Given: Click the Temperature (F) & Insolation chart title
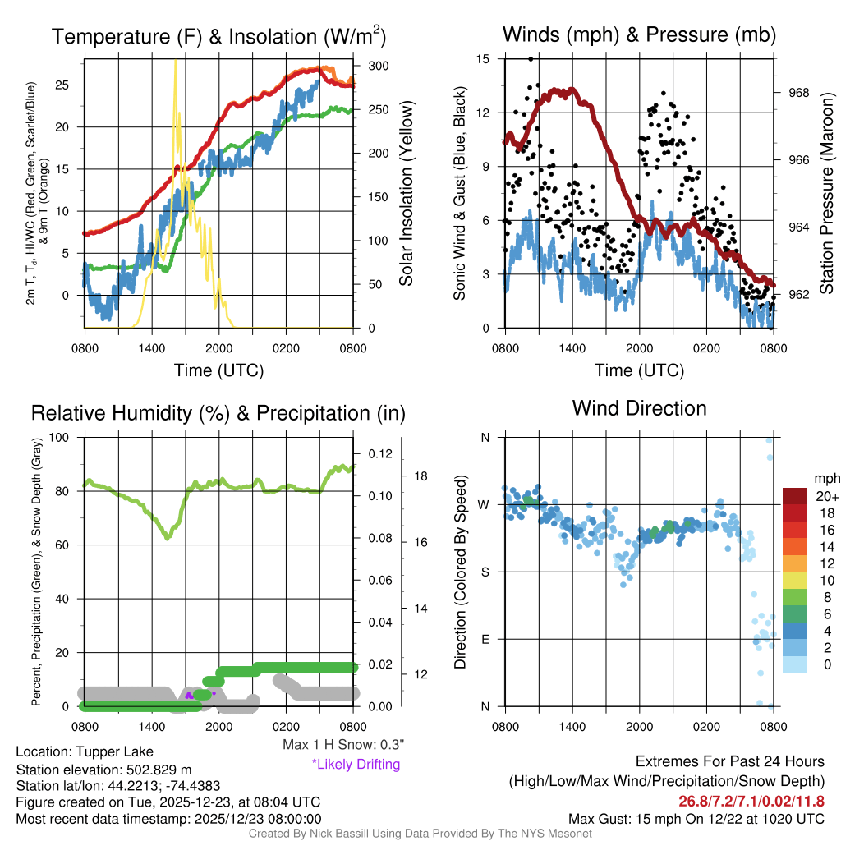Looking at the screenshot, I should point(218,36).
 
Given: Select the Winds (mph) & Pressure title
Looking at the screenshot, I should point(639,34).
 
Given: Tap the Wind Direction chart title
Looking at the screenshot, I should point(639,408).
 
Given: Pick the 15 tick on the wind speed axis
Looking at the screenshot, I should point(483,59).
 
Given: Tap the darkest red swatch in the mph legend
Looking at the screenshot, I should point(795,496).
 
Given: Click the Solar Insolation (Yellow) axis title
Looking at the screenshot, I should point(406,193).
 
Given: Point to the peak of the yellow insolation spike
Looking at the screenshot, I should point(175,62).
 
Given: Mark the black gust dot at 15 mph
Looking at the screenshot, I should point(531,59).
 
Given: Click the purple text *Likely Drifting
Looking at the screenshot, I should point(355,765).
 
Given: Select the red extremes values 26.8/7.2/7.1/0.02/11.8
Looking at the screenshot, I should point(751,801).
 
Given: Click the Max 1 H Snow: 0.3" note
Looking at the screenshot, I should point(342,745).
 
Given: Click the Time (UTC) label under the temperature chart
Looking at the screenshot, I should point(218,370).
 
